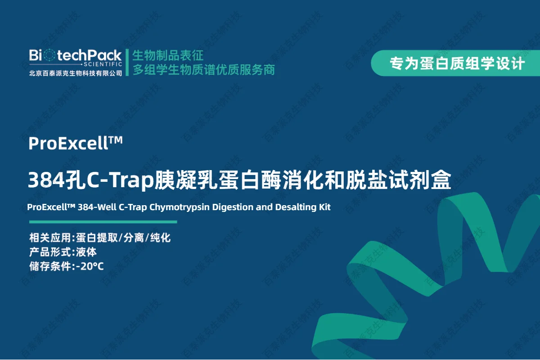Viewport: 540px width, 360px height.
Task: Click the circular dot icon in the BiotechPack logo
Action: (x=49, y=55)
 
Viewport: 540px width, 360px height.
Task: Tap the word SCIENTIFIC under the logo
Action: (x=103, y=64)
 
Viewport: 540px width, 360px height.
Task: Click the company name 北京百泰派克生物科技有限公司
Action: (x=76, y=73)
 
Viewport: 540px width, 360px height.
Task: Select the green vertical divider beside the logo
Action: (x=127, y=63)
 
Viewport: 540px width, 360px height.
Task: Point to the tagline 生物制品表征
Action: (x=168, y=55)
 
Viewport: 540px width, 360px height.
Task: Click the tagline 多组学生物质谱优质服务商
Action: (x=204, y=70)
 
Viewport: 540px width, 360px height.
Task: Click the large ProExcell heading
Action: (x=76, y=143)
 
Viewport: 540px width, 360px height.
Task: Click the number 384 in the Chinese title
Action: (x=46, y=180)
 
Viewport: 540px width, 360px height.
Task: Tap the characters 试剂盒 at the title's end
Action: (x=420, y=180)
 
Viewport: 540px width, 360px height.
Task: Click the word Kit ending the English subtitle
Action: (x=325, y=207)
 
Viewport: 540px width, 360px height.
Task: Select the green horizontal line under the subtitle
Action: (x=103, y=222)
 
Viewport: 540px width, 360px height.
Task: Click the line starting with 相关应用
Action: (x=100, y=238)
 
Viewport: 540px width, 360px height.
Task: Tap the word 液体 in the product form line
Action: (x=86, y=252)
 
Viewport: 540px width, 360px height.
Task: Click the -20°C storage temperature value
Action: (x=90, y=266)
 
